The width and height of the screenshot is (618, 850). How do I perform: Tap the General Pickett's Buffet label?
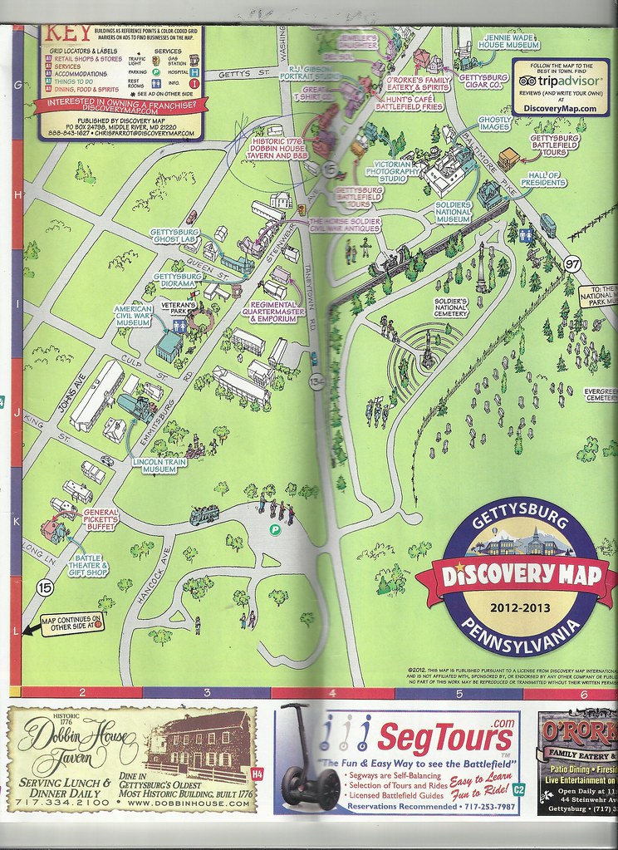point(101,518)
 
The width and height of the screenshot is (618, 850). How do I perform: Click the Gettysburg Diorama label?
point(174,280)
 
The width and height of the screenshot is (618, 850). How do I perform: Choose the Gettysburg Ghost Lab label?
point(175,235)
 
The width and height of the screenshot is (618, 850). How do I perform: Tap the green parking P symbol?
point(274,529)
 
